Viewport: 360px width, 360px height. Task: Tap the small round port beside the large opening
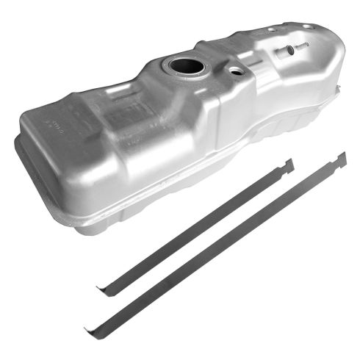click(235, 71)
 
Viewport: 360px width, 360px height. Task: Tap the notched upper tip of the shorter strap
click(289, 164)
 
